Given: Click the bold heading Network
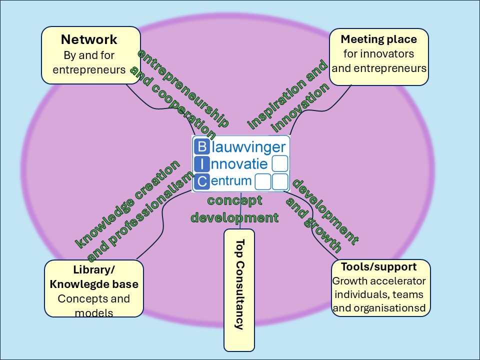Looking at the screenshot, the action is (x=89, y=39).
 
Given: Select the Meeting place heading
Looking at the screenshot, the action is (x=378, y=39).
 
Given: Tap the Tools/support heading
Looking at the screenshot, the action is (x=378, y=266).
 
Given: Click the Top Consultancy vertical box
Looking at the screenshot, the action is (x=239, y=290).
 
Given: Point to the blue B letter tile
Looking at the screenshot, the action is (x=201, y=146).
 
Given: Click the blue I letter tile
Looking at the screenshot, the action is (x=201, y=164).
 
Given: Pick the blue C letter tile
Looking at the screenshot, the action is (x=201, y=181).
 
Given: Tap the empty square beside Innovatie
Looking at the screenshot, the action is (x=280, y=163).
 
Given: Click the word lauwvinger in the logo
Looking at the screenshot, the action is (x=248, y=147).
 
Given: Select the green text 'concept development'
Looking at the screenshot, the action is (x=235, y=209).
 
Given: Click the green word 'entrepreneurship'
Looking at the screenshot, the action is (x=183, y=88).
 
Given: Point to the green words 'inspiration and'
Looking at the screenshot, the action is (x=287, y=94).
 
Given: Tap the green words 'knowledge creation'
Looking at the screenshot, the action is (x=127, y=204).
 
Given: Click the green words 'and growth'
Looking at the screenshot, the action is (x=314, y=225).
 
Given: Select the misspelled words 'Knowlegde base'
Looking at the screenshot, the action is (x=94, y=284).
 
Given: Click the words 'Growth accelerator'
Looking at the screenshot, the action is (x=378, y=280).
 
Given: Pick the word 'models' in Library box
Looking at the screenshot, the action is (x=94, y=313).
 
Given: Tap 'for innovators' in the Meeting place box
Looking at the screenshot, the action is (x=378, y=53).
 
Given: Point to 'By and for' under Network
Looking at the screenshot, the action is (x=89, y=55).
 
